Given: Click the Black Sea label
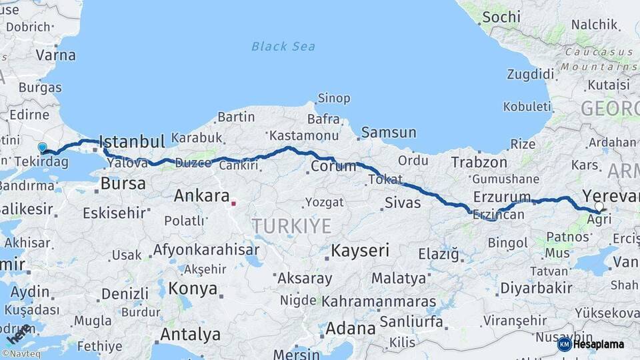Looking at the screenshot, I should [283, 46].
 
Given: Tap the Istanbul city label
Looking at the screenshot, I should [131, 141].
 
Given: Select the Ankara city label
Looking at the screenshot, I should [201, 196].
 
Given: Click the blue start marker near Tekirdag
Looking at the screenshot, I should [43, 147].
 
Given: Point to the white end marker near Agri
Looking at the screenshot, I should [599, 207].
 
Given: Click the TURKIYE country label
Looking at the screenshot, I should [291, 226].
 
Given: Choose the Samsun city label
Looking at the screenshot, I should [389, 133].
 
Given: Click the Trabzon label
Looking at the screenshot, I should [479, 162].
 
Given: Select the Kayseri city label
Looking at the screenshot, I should [360, 251].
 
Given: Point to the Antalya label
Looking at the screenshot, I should [191, 333].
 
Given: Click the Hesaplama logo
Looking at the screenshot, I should [591, 344].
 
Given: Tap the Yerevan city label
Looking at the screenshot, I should [611, 195].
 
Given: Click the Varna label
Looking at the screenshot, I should [56, 55].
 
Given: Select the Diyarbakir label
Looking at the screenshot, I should [536, 288].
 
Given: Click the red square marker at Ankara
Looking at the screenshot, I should [233, 203].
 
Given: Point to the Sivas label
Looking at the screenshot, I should [403, 202].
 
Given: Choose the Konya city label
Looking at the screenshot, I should [193, 289].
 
